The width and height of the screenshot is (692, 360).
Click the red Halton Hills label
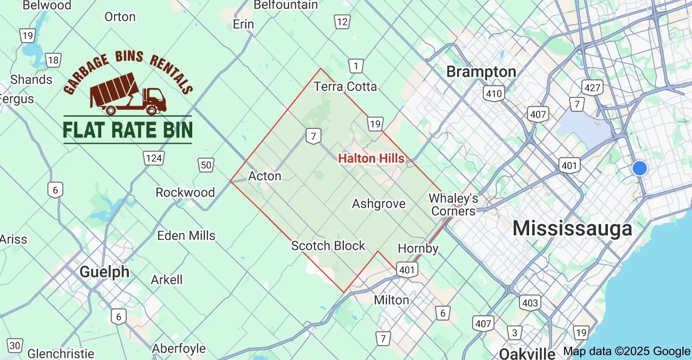point(371,158)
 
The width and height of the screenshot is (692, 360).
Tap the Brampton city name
point(481,72)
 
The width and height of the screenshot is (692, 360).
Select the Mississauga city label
point(572,228)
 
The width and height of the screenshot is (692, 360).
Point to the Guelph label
point(104,272)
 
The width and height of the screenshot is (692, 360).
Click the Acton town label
point(265,176)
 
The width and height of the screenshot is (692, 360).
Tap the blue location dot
point(639,168)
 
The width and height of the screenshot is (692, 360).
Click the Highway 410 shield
point(494,94)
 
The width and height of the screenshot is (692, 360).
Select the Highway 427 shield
point(592,87)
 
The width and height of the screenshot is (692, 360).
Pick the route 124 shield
point(153,158)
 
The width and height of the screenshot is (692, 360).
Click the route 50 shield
point(206,166)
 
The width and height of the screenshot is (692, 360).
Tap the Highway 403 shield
point(530,303)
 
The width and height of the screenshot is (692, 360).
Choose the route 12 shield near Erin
point(342,22)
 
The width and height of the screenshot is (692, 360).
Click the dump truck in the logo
point(128,94)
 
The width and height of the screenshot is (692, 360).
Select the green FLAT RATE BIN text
point(128,129)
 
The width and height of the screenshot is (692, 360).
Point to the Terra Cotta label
point(345,86)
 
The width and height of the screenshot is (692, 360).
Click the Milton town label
point(391,300)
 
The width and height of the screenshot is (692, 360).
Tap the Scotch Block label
point(328,246)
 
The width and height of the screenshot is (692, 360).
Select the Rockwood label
point(185,192)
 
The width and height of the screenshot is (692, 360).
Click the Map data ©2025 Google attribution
point(627,351)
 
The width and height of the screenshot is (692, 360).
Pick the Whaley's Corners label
point(453,205)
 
